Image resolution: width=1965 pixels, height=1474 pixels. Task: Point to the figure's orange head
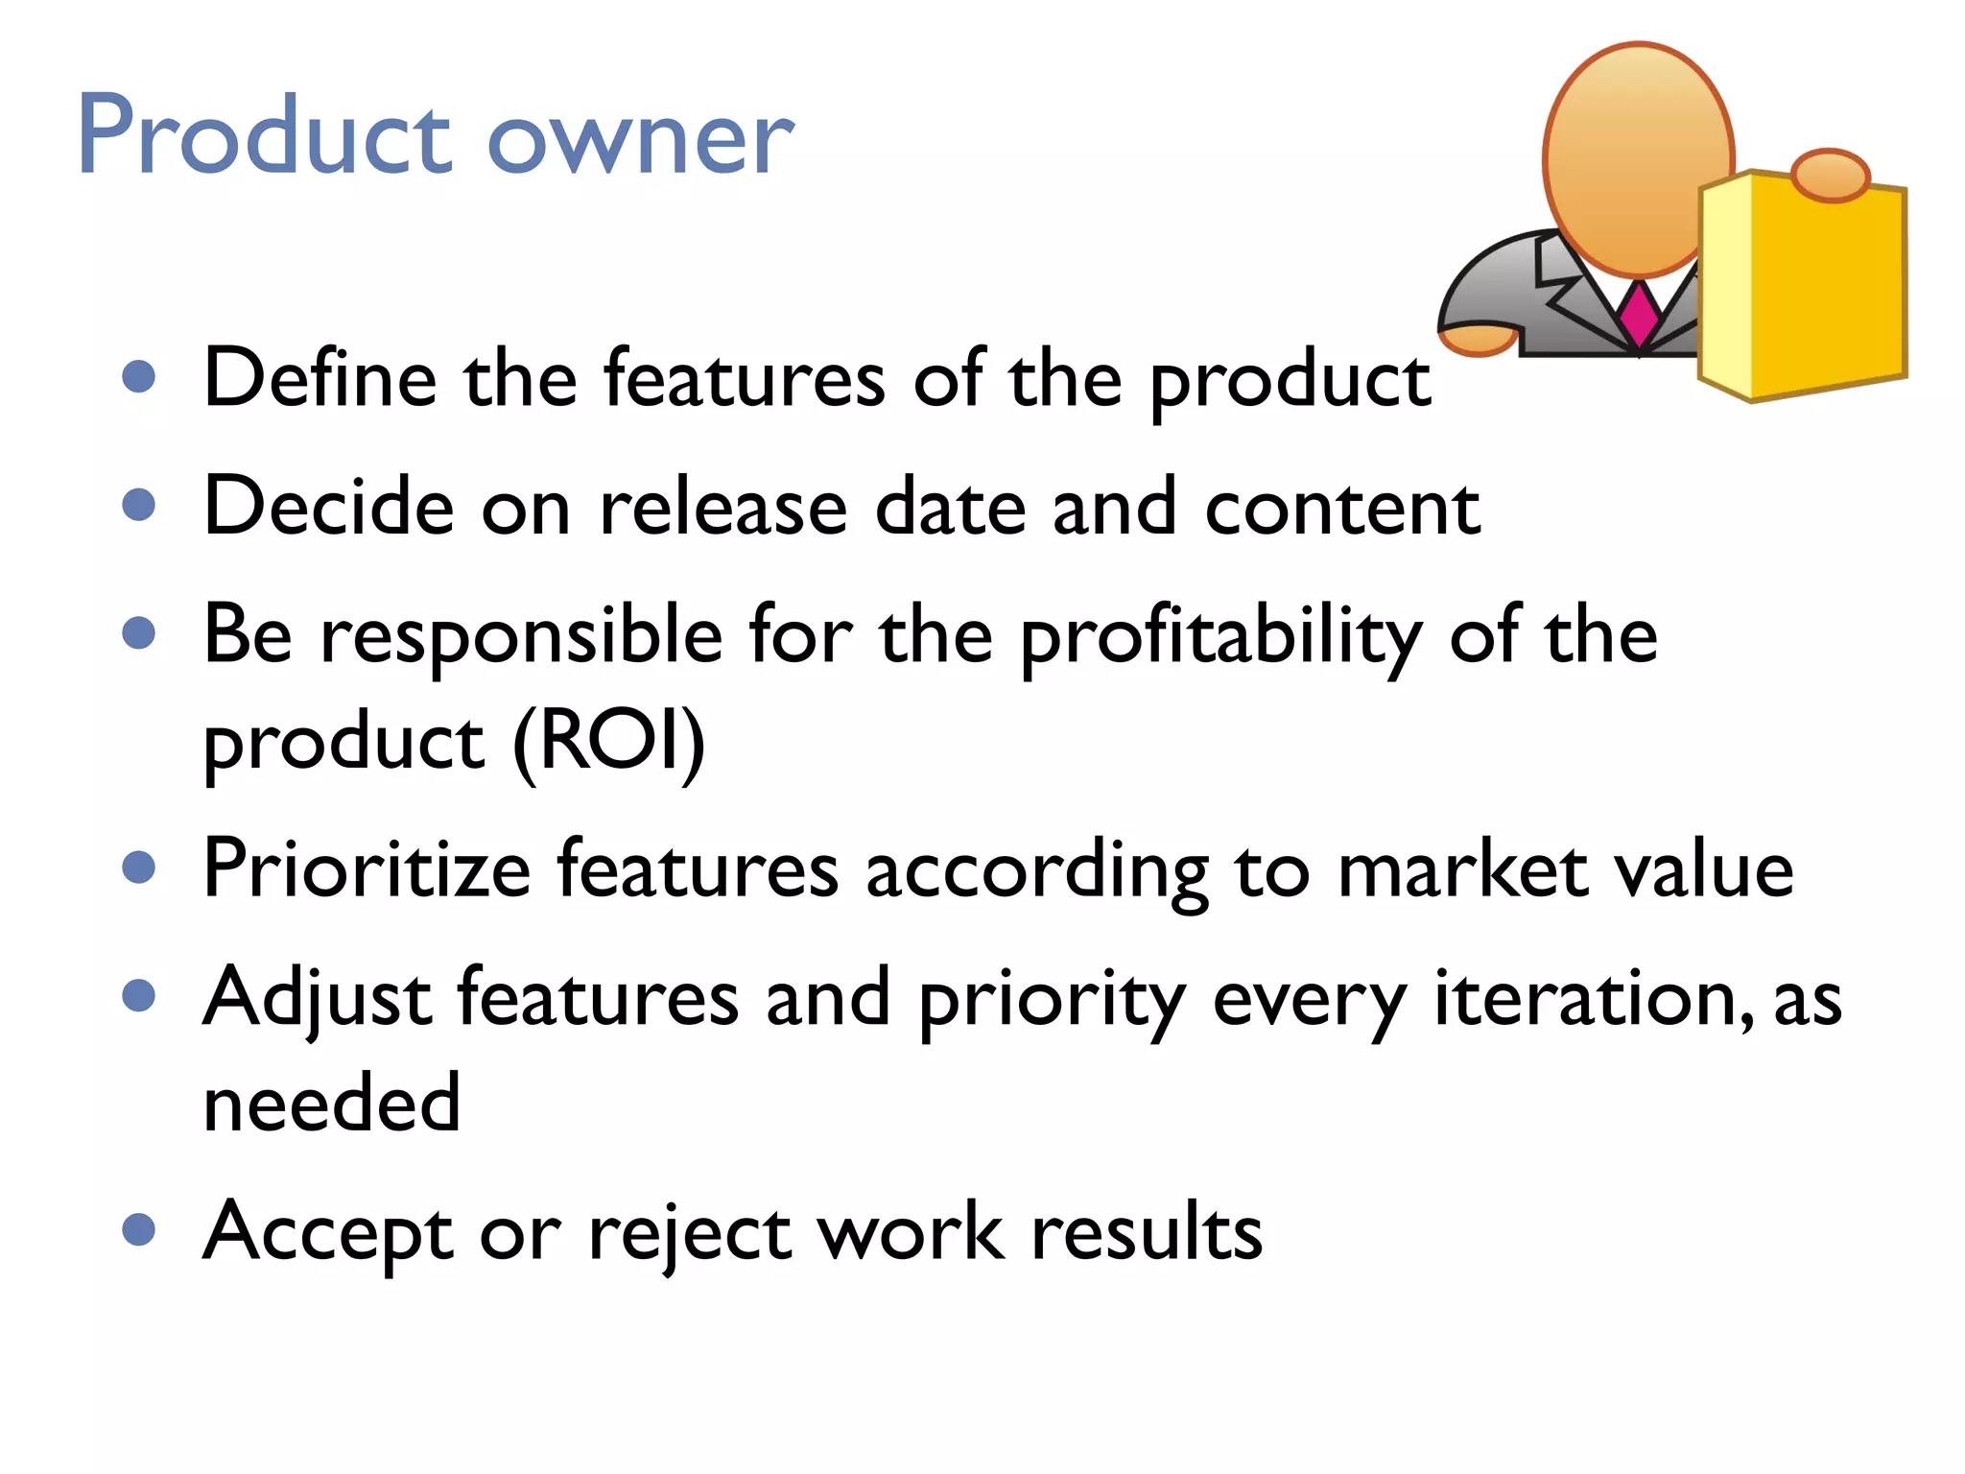[1639, 158]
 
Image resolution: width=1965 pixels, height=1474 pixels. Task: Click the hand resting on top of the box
[1831, 175]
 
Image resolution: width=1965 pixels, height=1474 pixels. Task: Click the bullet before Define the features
[139, 376]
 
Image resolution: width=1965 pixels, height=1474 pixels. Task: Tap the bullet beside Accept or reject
[139, 1229]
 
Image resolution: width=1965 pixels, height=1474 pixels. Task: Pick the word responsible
[521, 635]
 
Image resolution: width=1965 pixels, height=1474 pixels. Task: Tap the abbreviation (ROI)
[609, 741]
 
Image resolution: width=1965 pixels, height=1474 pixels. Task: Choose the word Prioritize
[367, 869]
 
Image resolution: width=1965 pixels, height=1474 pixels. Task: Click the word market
[1462, 869]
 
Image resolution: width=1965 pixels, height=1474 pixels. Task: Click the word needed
[332, 1103]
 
